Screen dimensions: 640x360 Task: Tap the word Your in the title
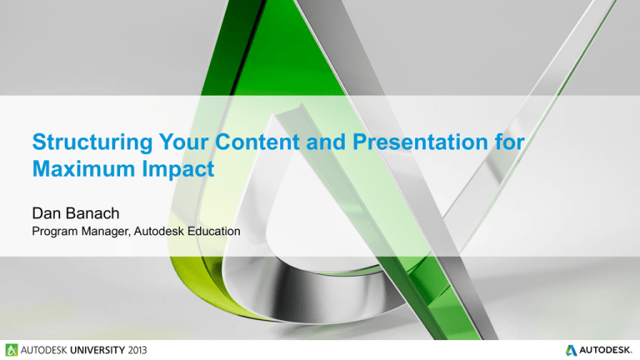tap(183, 142)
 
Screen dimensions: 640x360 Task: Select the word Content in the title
tap(257, 142)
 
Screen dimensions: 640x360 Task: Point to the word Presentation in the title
tap(420, 142)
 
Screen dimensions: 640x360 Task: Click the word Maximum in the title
tap(84, 168)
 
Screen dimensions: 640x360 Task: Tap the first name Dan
tap(47, 213)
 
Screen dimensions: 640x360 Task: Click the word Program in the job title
tap(55, 232)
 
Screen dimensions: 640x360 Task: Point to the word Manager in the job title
tap(105, 232)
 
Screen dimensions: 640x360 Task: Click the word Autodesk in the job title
tap(159, 231)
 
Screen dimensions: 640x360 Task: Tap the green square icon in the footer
tap(12, 350)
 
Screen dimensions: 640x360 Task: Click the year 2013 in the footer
tap(137, 350)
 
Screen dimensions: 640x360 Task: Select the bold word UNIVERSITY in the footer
tap(97, 350)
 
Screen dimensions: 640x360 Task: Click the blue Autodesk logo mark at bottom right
tap(571, 350)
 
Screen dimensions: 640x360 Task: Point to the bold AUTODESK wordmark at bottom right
tap(606, 350)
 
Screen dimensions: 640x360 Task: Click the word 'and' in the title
tap(326, 142)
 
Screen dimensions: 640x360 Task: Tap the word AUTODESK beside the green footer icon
tap(44, 350)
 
